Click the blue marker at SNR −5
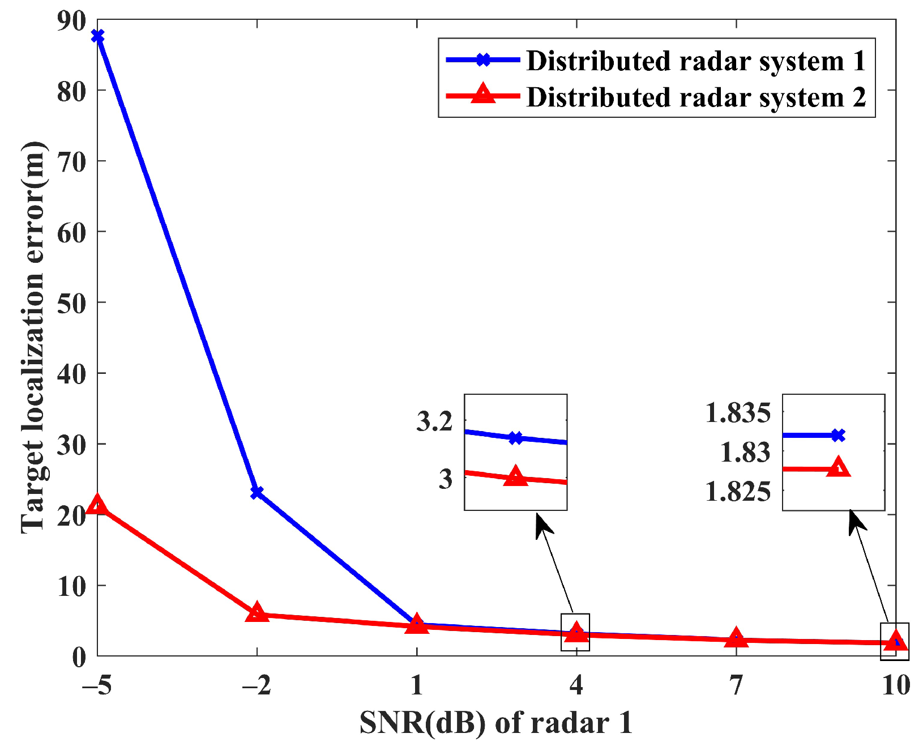coord(97,36)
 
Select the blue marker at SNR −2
coord(257,492)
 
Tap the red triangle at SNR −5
coord(97,504)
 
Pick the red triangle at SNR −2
coord(257,612)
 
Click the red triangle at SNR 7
coord(736,638)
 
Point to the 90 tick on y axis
coord(71,20)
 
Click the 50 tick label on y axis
coord(71,302)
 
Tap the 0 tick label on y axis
coord(79,657)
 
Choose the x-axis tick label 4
coord(576,685)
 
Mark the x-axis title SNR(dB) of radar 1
coord(496,723)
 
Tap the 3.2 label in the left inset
coord(434,422)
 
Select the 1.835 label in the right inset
coord(737,413)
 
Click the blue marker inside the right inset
coord(838,435)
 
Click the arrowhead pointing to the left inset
coord(542,524)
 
